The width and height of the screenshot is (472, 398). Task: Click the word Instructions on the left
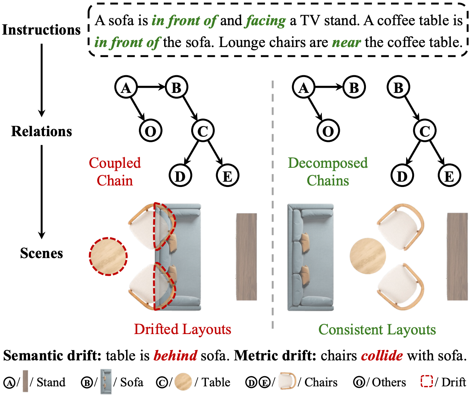pyautogui.click(x=41, y=30)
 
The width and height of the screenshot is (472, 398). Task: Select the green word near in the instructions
pyautogui.click(x=346, y=43)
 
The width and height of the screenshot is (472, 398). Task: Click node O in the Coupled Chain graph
pyautogui.click(x=150, y=131)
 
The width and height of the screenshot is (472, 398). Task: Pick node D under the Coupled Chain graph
pyautogui.click(x=180, y=176)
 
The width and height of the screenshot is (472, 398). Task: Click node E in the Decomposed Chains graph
pyautogui.click(x=449, y=176)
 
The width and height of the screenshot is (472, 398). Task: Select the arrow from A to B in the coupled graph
pyautogui.click(x=151, y=87)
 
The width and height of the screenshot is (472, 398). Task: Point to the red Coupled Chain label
pyautogui.click(x=115, y=172)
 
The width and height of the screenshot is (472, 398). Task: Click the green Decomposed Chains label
pyautogui.click(x=328, y=172)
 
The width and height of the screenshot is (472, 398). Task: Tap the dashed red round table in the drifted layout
pyautogui.click(x=108, y=256)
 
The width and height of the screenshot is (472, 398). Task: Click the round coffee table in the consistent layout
pyautogui.click(x=368, y=256)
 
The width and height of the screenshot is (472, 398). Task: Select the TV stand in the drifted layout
pyautogui.click(x=247, y=257)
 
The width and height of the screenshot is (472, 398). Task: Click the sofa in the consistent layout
pyautogui.click(x=311, y=257)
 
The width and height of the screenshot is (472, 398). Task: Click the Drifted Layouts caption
pyautogui.click(x=183, y=329)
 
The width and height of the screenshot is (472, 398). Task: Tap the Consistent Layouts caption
pyautogui.click(x=377, y=330)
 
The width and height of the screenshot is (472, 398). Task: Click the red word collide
pyautogui.click(x=382, y=355)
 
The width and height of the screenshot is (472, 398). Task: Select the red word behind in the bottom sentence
pyautogui.click(x=175, y=355)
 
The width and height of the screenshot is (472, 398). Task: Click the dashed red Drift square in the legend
pyautogui.click(x=427, y=381)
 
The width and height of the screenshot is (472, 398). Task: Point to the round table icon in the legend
pyautogui.click(x=183, y=382)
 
